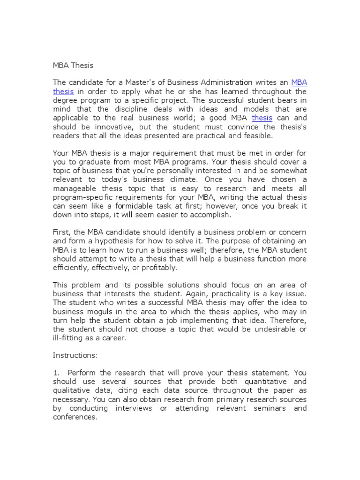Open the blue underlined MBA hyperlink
tap(299, 82)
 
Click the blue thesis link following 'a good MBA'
tap(262, 118)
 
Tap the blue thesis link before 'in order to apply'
tap(63, 91)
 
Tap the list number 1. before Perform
tap(56, 373)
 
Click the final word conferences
tap(75, 417)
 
